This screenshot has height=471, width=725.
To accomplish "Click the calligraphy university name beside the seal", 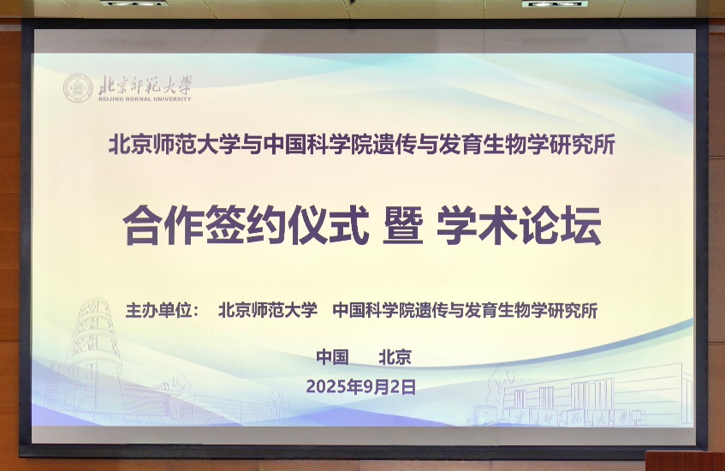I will click(145, 85).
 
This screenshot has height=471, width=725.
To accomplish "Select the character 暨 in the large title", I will click(401, 226).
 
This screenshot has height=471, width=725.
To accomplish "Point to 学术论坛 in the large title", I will click(519, 226).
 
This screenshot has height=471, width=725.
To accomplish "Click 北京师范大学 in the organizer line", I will click(268, 310).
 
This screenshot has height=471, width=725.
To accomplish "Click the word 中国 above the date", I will click(332, 357).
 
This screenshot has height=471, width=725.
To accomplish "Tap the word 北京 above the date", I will click(395, 357).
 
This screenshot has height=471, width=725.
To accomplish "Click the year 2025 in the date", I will click(326, 387).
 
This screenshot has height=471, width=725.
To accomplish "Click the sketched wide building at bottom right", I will click(591, 399).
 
